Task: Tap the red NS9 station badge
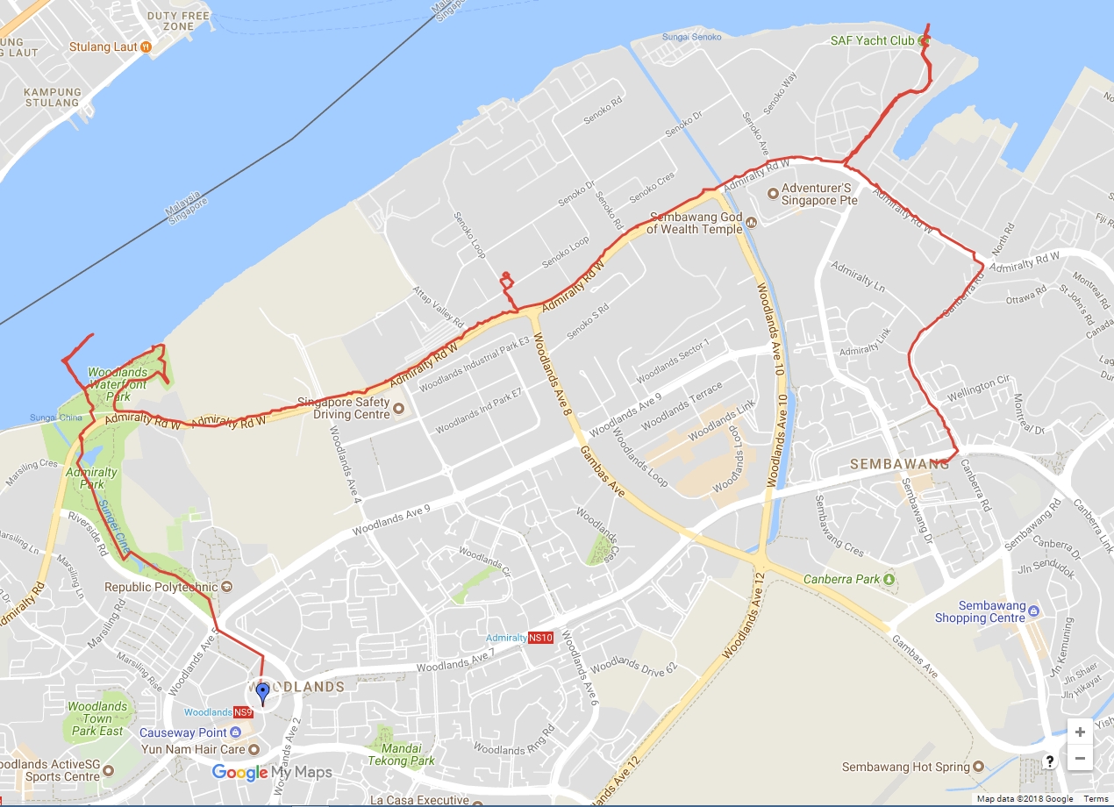click(x=243, y=712)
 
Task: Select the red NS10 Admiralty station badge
click(x=540, y=638)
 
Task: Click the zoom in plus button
click(x=1080, y=732)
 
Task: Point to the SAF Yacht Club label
click(x=872, y=40)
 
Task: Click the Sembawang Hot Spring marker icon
click(x=979, y=767)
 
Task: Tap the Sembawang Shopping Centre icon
click(x=1032, y=611)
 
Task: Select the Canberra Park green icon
click(x=889, y=579)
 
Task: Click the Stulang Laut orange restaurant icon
click(x=146, y=46)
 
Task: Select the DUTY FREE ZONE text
click(x=171, y=21)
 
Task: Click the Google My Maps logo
click(x=272, y=772)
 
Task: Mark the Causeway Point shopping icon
click(x=235, y=732)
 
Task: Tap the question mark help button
click(x=1049, y=761)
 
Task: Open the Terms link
click(x=1096, y=799)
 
